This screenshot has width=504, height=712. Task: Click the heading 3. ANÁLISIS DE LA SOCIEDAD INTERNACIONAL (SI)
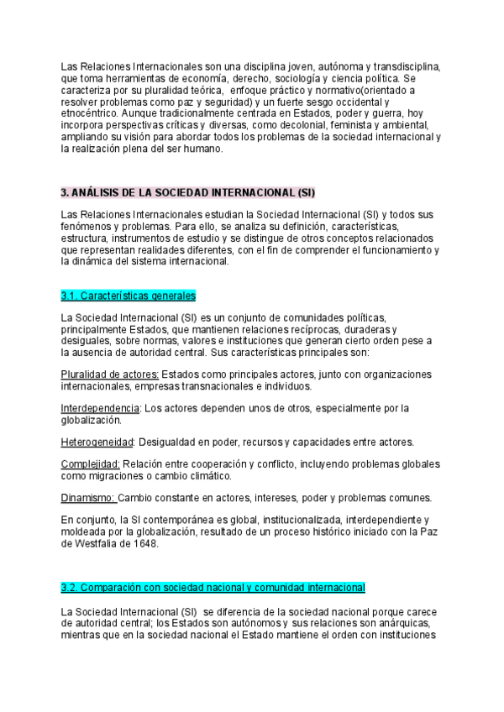tap(188, 192)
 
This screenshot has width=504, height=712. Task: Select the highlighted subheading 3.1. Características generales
tap(128, 296)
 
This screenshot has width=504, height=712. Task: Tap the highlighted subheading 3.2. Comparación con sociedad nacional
tap(213, 586)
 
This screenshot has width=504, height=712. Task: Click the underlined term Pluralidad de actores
tap(110, 374)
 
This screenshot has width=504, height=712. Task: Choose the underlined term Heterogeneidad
tap(97, 442)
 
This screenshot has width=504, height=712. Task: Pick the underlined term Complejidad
tap(91, 464)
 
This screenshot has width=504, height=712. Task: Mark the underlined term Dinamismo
tap(89, 498)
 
